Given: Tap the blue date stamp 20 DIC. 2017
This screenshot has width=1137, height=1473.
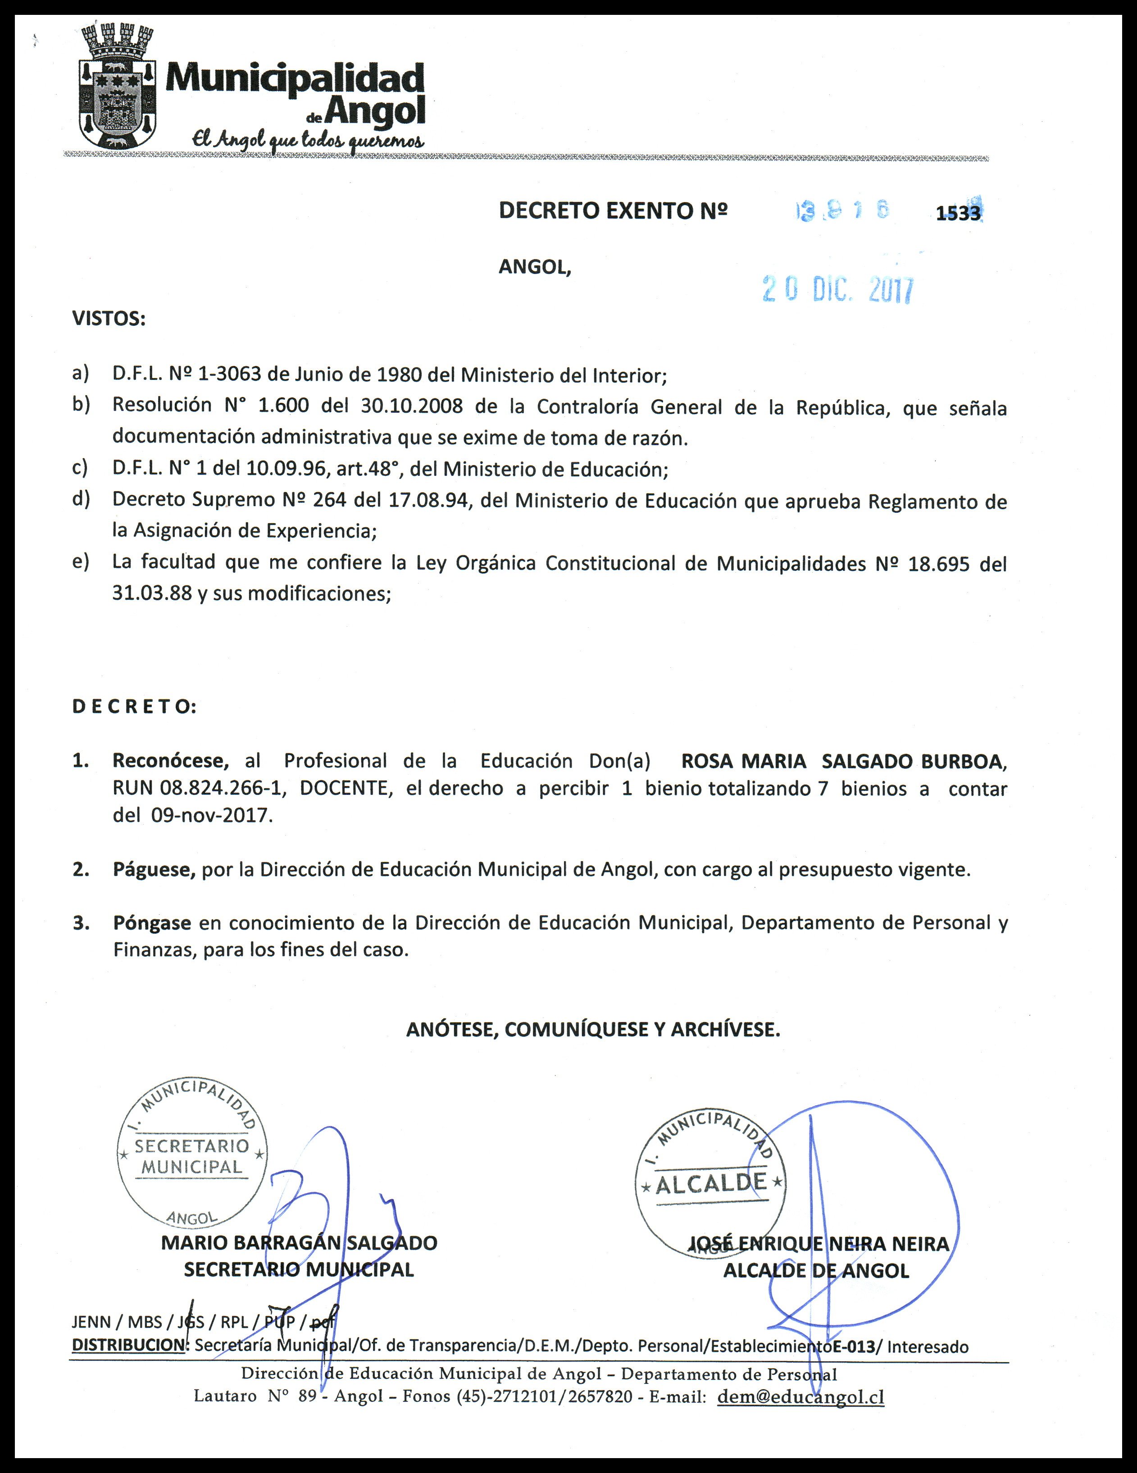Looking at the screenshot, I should pyautogui.click(x=838, y=290).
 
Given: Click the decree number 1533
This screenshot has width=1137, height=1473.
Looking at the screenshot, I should pyautogui.click(x=958, y=213).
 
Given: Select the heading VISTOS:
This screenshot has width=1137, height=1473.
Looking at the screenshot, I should pyautogui.click(x=109, y=318).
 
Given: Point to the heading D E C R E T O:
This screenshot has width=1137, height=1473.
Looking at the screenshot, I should pyautogui.click(x=134, y=707).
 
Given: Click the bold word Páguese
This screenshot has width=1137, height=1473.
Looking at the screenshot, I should pyautogui.click(x=154, y=869).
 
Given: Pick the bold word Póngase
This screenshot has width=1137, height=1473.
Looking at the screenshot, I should pyautogui.click(x=152, y=923).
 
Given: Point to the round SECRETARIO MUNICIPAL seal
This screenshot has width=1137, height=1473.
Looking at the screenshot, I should pyautogui.click(x=192, y=1154).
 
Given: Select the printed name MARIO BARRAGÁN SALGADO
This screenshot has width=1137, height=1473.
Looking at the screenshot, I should pyautogui.click(x=299, y=1243).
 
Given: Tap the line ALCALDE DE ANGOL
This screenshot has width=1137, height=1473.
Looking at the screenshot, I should pyautogui.click(x=816, y=1271).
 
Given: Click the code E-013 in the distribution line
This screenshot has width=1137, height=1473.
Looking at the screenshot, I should pyautogui.click(x=855, y=1346).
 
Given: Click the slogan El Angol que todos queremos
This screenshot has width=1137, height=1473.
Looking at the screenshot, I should pyautogui.click(x=308, y=140).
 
